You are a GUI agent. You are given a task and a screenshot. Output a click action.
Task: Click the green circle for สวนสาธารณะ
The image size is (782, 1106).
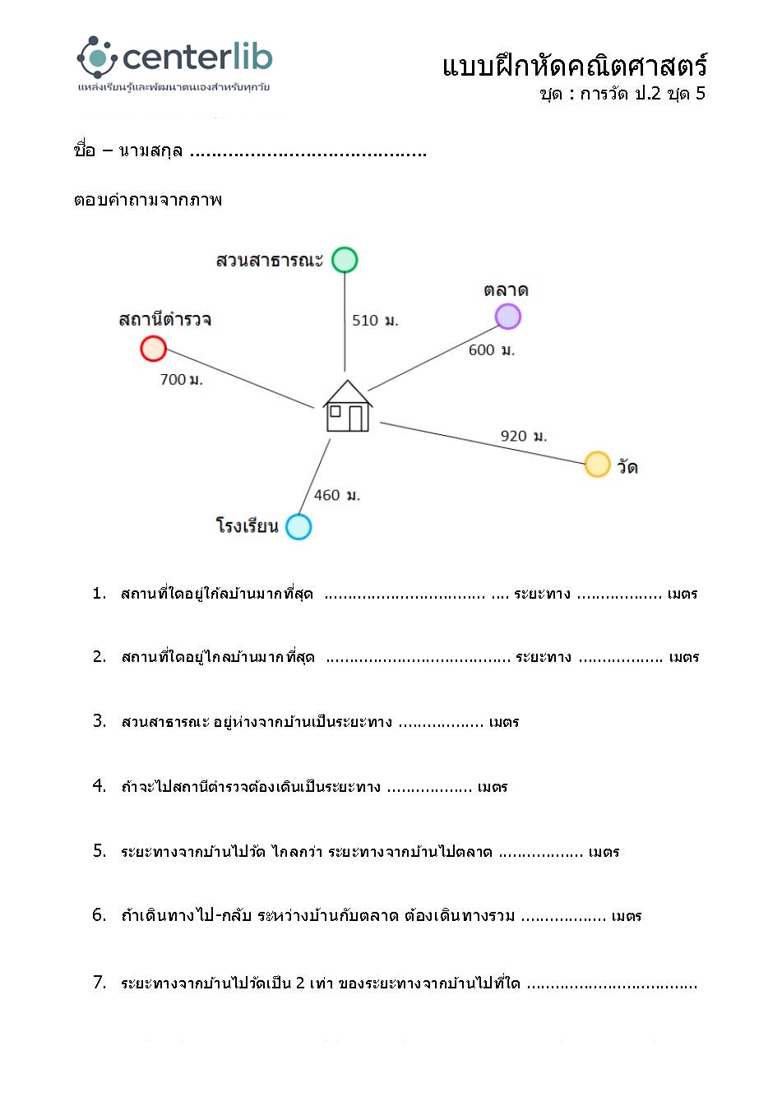(345, 260)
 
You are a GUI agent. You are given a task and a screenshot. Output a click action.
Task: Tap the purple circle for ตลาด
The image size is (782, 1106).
(508, 317)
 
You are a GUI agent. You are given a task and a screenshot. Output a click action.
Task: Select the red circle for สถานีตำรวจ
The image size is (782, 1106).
(154, 349)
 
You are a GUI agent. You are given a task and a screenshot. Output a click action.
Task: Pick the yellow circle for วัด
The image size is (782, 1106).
(597, 465)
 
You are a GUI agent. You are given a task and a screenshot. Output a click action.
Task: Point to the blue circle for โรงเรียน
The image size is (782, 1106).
(298, 526)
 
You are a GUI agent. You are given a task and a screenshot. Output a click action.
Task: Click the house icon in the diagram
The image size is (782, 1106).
(348, 406)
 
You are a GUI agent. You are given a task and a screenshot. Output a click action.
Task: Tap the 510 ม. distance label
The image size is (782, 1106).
(375, 321)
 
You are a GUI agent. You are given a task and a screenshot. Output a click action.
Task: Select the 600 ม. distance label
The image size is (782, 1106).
(492, 350)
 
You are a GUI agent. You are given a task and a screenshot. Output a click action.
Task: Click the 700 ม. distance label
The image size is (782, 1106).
(181, 379)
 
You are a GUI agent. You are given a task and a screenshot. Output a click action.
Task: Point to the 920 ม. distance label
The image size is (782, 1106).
(524, 436)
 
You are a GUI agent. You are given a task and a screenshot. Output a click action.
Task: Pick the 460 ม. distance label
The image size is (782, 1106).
(337, 495)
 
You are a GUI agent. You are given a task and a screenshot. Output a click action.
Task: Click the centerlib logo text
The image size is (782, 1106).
(197, 58)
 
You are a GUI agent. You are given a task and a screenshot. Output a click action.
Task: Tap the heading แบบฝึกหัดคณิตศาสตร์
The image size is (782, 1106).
(574, 66)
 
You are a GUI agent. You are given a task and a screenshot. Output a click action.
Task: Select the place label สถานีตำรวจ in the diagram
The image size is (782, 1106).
(165, 319)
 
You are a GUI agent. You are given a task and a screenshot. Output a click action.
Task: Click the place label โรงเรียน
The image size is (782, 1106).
(247, 525)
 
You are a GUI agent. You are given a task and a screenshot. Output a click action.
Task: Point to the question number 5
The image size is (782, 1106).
(99, 851)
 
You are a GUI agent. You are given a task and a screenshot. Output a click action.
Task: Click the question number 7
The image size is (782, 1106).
(99, 982)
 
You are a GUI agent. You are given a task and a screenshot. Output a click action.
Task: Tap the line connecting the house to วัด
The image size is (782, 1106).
(481, 443)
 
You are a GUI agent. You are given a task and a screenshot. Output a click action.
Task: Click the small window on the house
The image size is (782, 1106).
(335, 411)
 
